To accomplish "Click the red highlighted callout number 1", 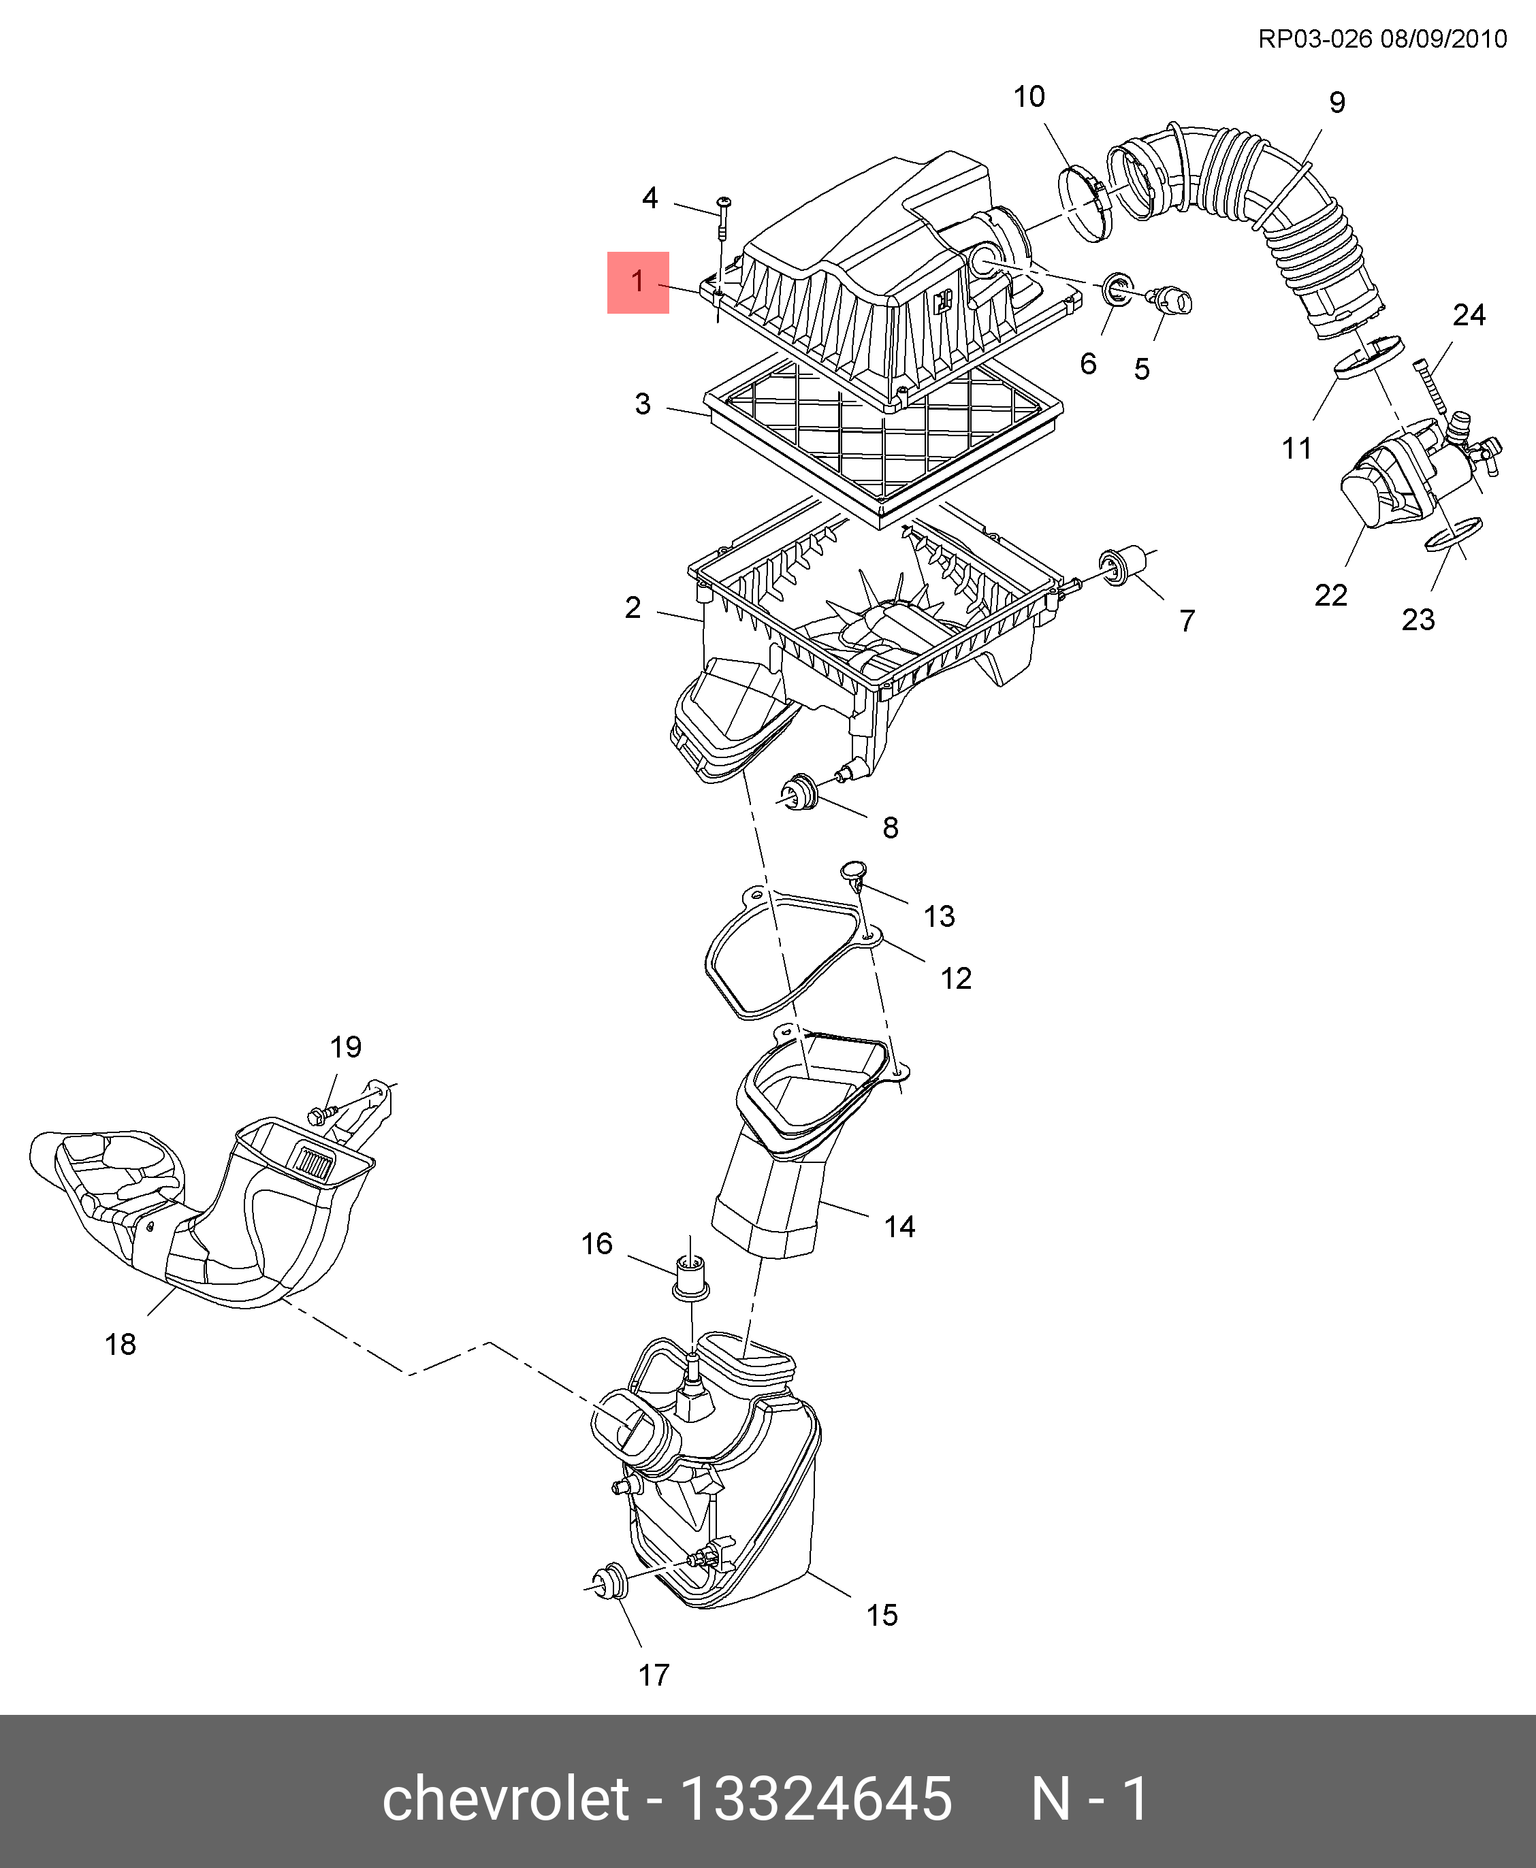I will click(637, 282).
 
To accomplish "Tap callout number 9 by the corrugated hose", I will click(1337, 103).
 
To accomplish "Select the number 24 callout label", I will click(1469, 315).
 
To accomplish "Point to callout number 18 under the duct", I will click(121, 1345).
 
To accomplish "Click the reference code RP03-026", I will click(1315, 39).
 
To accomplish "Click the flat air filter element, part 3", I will click(885, 442).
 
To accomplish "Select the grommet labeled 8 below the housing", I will click(800, 791).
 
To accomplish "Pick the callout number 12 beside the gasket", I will click(956, 977).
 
